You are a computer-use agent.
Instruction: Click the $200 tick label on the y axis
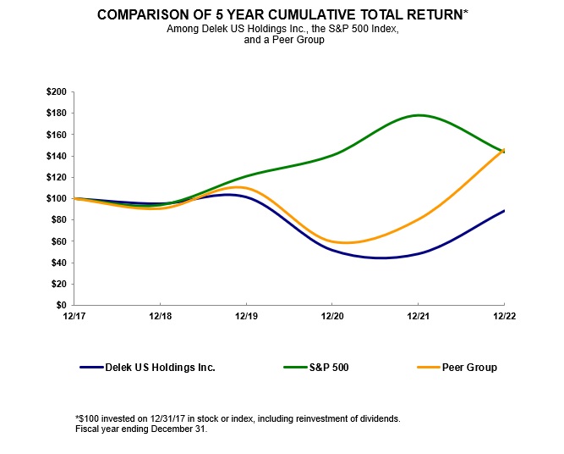pos(57,91)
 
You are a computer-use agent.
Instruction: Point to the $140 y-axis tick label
pos(57,156)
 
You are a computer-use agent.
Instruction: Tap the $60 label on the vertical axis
pos(59,241)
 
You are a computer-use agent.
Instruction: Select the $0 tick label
pos(63,305)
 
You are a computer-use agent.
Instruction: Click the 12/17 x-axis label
pos(74,316)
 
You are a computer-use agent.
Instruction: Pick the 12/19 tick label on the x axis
pos(246,316)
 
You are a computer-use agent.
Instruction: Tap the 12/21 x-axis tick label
pos(418,316)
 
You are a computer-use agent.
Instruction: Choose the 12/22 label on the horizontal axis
pos(504,316)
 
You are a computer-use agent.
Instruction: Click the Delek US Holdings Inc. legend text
pos(160,368)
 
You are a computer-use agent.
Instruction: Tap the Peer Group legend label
pos(469,368)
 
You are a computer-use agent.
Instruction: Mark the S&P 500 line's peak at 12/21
pos(418,115)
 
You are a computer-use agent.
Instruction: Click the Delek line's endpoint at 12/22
pos(504,211)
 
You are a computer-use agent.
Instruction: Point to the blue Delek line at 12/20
pos(332,249)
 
